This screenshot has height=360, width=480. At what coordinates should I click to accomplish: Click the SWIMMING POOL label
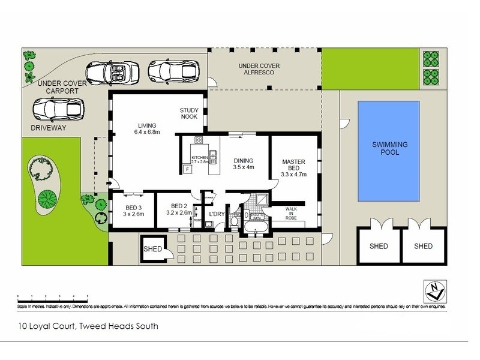click(389, 148)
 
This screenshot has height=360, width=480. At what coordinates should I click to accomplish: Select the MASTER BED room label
click(294, 168)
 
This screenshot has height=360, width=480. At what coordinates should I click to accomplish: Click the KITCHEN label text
click(199, 157)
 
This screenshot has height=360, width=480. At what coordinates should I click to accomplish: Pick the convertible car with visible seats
click(113, 73)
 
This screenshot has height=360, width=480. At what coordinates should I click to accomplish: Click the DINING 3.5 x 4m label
click(244, 164)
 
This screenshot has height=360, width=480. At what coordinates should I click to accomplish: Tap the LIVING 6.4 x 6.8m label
click(147, 128)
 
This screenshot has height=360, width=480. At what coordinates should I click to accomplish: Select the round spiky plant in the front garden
click(47, 196)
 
